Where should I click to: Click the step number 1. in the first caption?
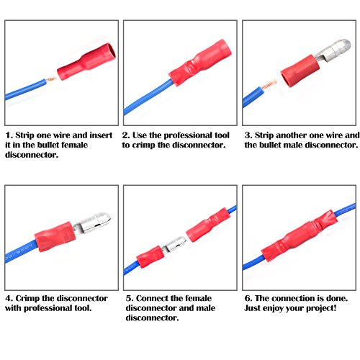click(9, 135)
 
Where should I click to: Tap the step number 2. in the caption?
click(126, 135)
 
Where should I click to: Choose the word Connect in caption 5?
click(152, 298)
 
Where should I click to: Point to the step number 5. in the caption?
click(127, 298)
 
